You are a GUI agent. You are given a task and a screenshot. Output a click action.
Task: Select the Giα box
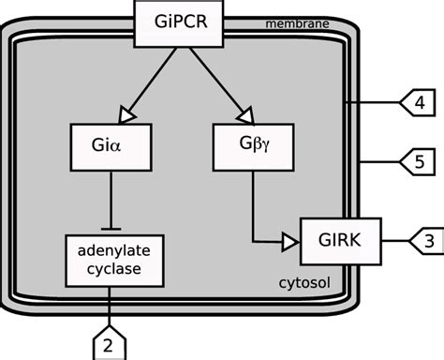[112, 146]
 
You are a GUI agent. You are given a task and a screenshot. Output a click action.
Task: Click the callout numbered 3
[424, 241]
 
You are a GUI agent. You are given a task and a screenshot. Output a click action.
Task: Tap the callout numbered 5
[417, 161]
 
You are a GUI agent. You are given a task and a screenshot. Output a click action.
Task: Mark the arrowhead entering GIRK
[290, 241]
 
